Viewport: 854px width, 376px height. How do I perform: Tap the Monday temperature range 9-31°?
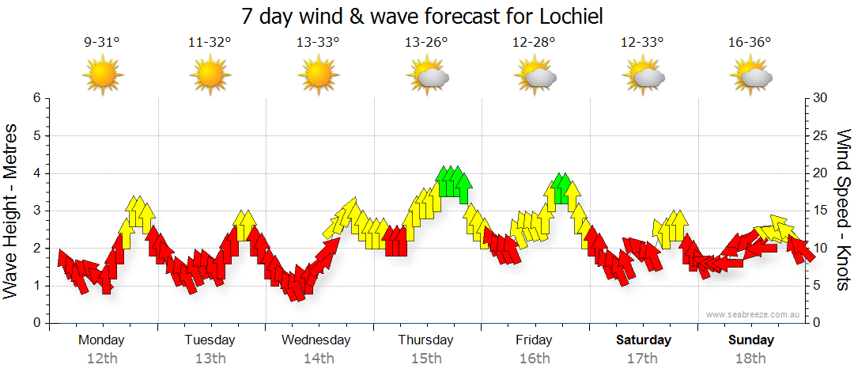pyautogui.click(x=102, y=43)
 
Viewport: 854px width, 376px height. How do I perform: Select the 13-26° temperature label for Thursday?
pyautogui.click(x=426, y=43)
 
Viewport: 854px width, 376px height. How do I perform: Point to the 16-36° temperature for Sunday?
pyautogui.click(x=750, y=43)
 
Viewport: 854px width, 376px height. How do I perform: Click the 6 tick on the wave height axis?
pyautogui.click(x=36, y=98)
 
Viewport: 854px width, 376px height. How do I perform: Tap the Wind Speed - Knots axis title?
pyautogui.click(x=843, y=211)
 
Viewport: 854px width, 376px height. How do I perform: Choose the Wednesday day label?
pyautogui.click(x=316, y=340)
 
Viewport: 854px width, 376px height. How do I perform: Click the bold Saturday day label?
pyautogui.click(x=644, y=340)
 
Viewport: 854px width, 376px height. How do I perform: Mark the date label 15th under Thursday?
pyautogui.click(x=426, y=359)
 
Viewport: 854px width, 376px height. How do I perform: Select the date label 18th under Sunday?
pyautogui.click(x=751, y=359)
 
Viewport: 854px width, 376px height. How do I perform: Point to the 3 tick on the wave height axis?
pyautogui.click(x=36, y=211)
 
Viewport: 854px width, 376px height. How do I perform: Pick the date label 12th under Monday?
pyautogui.click(x=102, y=359)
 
